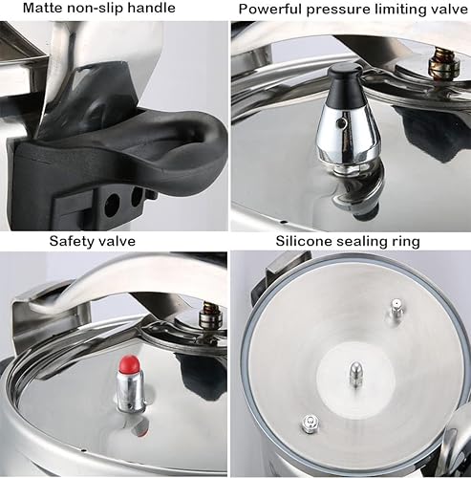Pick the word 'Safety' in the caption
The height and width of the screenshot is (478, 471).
click(x=74, y=241)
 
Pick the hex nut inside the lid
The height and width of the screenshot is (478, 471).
click(x=309, y=421)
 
